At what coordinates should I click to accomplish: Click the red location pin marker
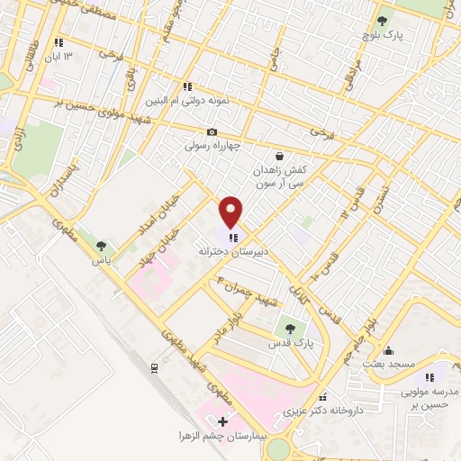(x=231, y=212)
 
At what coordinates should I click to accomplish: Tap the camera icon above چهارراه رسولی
(x=212, y=132)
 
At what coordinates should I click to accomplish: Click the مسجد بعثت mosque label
(x=387, y=363)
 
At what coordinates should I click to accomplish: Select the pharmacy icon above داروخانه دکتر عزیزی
(x=322, y=397)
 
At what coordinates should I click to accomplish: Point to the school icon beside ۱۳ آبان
(x=59, y=42)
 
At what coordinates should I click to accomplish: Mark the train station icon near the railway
(x=154, y=367)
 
